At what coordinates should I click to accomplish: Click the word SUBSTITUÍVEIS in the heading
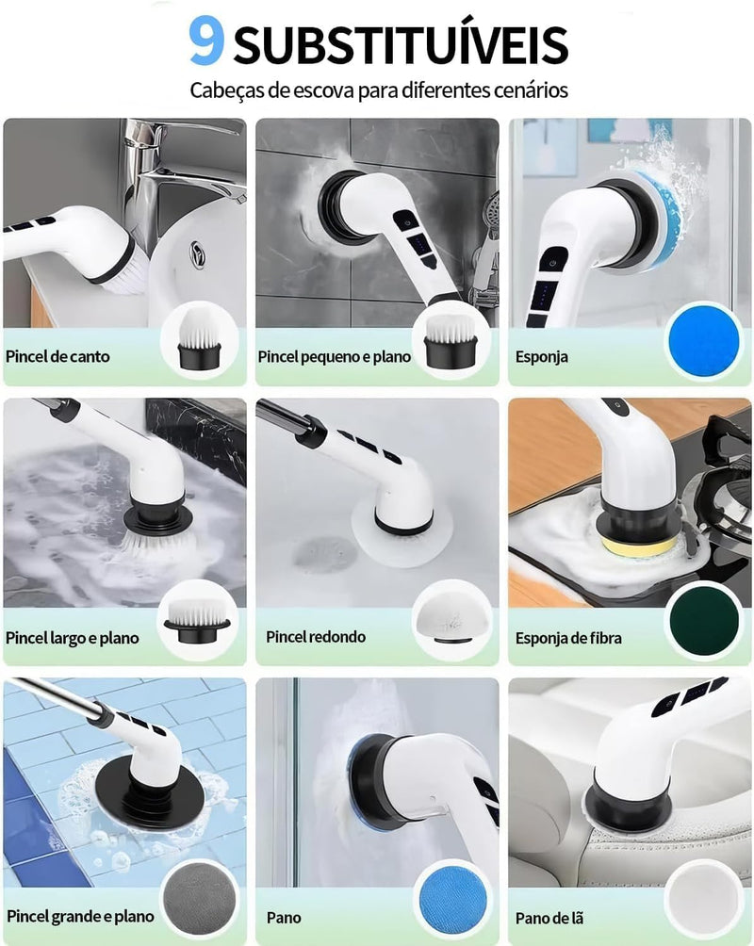pos(401,44)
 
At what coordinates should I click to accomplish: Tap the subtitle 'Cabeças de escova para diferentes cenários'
pos(379,90)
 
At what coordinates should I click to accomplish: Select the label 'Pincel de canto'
pos(57,356)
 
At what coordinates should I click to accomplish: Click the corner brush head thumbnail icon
pos(199,339)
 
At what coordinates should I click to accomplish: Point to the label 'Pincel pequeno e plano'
pos(334,356)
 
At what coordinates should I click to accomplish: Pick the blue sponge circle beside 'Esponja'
pos(704,341)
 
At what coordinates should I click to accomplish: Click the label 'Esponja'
pos(542,356)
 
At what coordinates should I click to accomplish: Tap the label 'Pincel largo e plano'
pos(72,638)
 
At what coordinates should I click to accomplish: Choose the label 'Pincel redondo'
pos(316,637)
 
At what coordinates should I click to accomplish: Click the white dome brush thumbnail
pos(451,619)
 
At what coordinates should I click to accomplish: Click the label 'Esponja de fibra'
pos(568,638)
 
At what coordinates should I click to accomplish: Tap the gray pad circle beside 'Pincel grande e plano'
pos(200,900)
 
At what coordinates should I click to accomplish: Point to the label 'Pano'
pos(284,918)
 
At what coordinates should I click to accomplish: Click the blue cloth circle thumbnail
pos(452,901)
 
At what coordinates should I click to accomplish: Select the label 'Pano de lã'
pos(549,919)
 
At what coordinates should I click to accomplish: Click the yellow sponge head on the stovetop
pos(639,546)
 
